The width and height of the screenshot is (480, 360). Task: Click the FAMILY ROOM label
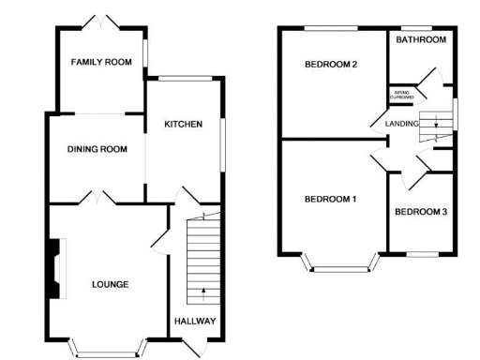tap(101, 62)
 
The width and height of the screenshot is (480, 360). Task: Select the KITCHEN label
tap(183, 124)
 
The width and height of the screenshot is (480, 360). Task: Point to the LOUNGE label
tap(110, 283)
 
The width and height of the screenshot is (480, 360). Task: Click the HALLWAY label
tap(195, 321)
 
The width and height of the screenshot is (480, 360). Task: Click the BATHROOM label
tap(420, 40)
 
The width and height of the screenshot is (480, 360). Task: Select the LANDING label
tap(401, 123)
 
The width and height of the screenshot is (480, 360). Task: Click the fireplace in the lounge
tap(57, 269)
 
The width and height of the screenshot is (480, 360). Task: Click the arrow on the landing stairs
tap(435, 127)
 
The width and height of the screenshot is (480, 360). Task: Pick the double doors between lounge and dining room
tap(97, 198)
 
